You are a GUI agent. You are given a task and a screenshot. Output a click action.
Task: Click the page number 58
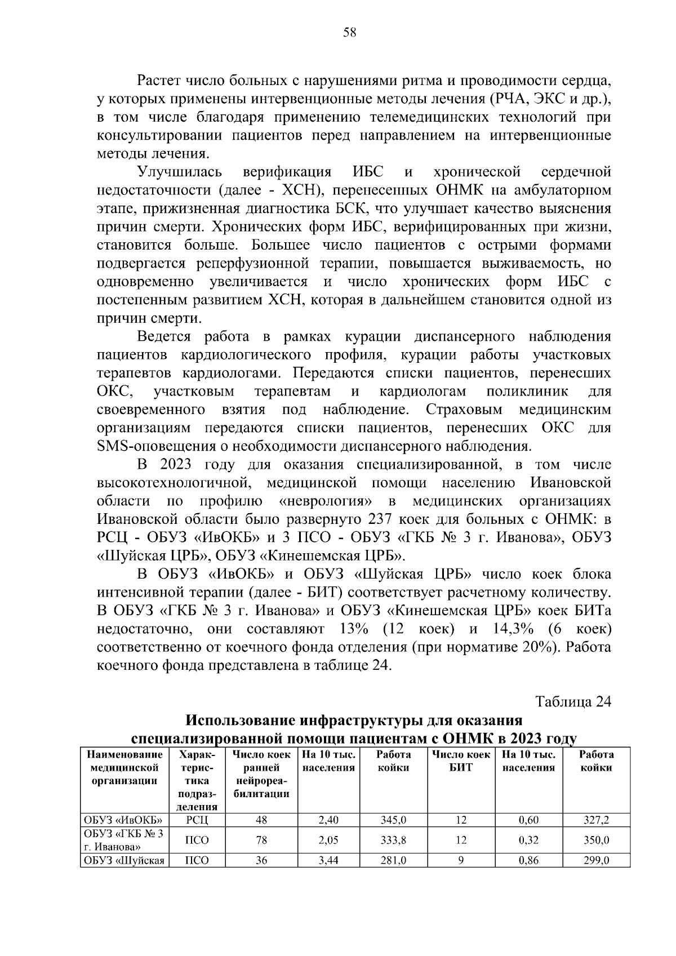[x=349, y=33]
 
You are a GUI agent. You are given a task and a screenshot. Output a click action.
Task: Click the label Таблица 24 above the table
[x=573, y=702]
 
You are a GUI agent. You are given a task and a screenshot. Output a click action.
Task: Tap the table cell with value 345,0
[x=393, y=820]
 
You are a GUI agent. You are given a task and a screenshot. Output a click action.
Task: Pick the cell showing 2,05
[x=328, y=841]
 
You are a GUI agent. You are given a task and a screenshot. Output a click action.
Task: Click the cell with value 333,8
[x=393, y=841]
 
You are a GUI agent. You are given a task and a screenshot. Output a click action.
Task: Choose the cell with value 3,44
[x=328, y=861]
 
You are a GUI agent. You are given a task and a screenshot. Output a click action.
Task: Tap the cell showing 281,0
[x=393, y=861]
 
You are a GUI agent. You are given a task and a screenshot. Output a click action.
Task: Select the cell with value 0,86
[x=528, y=861]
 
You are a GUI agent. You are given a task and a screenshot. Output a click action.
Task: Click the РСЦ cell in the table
[x=197, y=820]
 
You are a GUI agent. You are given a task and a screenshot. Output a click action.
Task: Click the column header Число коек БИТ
[x=461, y=761]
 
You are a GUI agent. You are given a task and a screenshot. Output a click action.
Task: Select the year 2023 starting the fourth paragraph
[x=176, y=465]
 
